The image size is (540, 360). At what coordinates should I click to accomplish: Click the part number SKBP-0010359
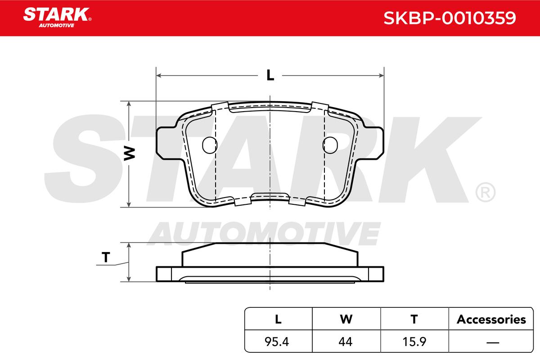[450, 18]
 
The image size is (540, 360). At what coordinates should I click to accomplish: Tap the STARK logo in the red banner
[57, 18]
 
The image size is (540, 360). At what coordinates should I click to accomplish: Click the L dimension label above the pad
[270, 75]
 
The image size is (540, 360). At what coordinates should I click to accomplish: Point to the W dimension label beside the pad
[130, 153]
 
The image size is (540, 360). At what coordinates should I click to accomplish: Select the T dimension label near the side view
[106, 257]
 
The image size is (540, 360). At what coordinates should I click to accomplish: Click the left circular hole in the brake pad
[210, 145]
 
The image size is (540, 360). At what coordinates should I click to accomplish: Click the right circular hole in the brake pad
[330, 145]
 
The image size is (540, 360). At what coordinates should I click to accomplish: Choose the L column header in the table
[278, 319]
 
